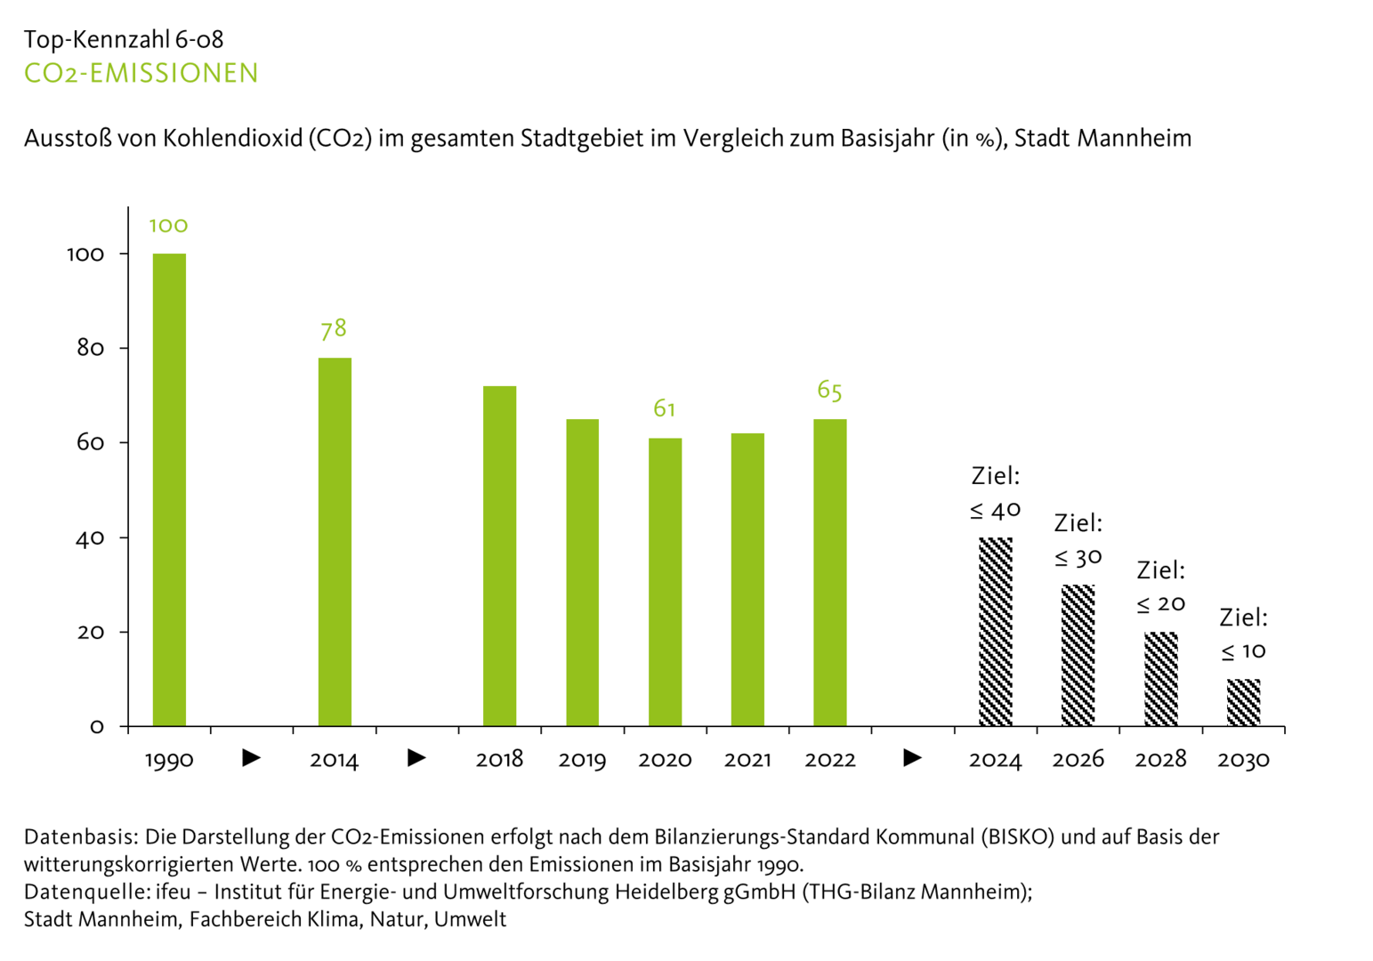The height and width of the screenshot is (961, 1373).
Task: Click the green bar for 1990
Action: (x=169, y=489)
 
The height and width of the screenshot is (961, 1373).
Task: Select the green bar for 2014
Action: (x=335, y=542)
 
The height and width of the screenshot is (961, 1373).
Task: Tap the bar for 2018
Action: (x=499, y=556)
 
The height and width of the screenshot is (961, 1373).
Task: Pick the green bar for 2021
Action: (x=747, y=579)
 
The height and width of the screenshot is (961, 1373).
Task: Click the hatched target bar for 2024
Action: (x=995, y=632)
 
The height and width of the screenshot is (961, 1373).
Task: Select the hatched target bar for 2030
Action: (x=1243, y=703)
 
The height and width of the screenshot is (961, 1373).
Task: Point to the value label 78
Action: (x=334, y=329)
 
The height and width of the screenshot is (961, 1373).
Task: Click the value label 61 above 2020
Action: (x=665, y=408)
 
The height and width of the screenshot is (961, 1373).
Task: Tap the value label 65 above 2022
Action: (x=829, y=391)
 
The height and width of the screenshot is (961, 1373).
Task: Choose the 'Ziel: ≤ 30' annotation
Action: (x=1078, y=540)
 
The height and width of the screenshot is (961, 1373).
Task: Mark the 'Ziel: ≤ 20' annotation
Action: (x=1161, y=586)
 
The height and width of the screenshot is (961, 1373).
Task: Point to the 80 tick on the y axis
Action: (x=91, y=348)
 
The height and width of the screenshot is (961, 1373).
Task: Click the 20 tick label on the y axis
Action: (x=91, y=633)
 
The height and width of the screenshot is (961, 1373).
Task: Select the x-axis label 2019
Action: (x=582, y=760)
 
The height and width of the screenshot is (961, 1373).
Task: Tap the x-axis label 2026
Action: (x=1078, y=760)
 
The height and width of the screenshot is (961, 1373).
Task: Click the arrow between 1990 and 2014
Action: (x=252, y=758)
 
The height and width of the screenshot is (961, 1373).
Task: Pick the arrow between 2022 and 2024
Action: (x=912, y=758)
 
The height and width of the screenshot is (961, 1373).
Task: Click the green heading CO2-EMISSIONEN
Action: (x=141, y=73)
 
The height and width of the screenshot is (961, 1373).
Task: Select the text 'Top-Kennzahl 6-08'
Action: (x=124, y=39)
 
